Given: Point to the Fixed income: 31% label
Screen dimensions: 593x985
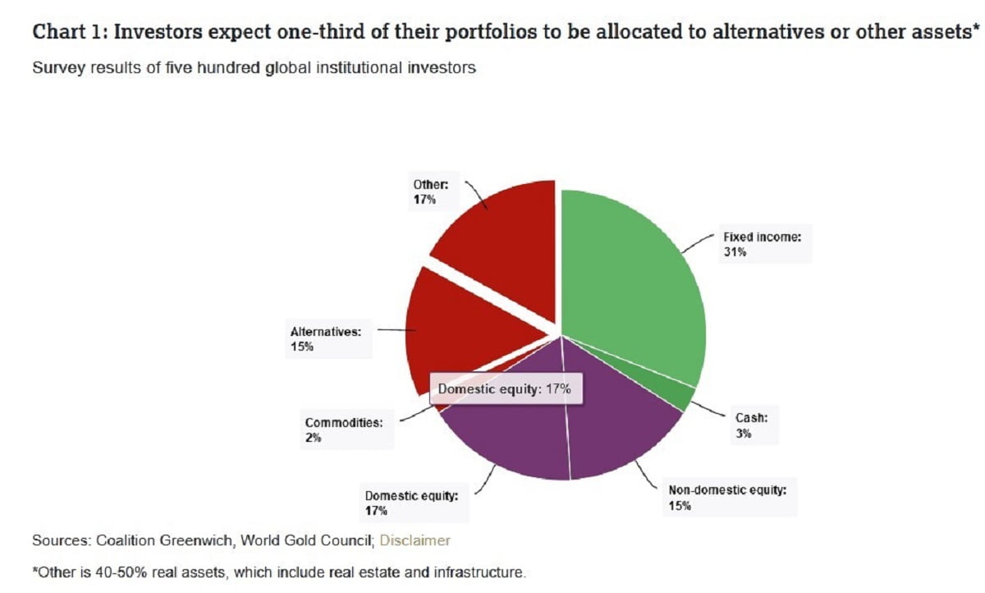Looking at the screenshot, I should pyautogui.click(x=762, y=244).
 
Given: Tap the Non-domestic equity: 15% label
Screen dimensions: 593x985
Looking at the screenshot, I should pyautogui.click(x=727, y=498).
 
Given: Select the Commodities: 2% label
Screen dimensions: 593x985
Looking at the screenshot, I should pyautogui.click(x=344, y=430).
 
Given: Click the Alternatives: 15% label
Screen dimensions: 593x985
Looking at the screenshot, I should pyautogui.click(x=326, y=339).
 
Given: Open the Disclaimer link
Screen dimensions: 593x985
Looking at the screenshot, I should pyautogui.click(x=415, y=540).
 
